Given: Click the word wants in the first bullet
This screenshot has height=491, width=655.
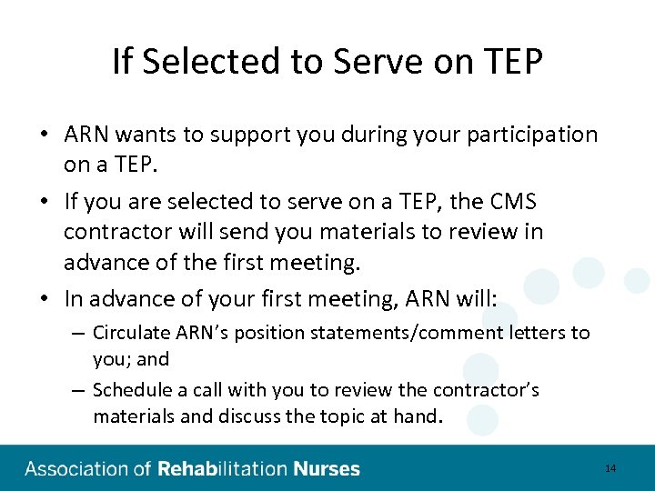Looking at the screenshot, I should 149,135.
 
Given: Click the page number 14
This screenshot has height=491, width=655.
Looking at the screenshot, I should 610,468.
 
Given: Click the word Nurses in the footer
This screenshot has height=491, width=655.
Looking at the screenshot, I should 327,469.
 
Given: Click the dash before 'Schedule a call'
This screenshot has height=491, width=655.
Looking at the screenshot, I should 79,390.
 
